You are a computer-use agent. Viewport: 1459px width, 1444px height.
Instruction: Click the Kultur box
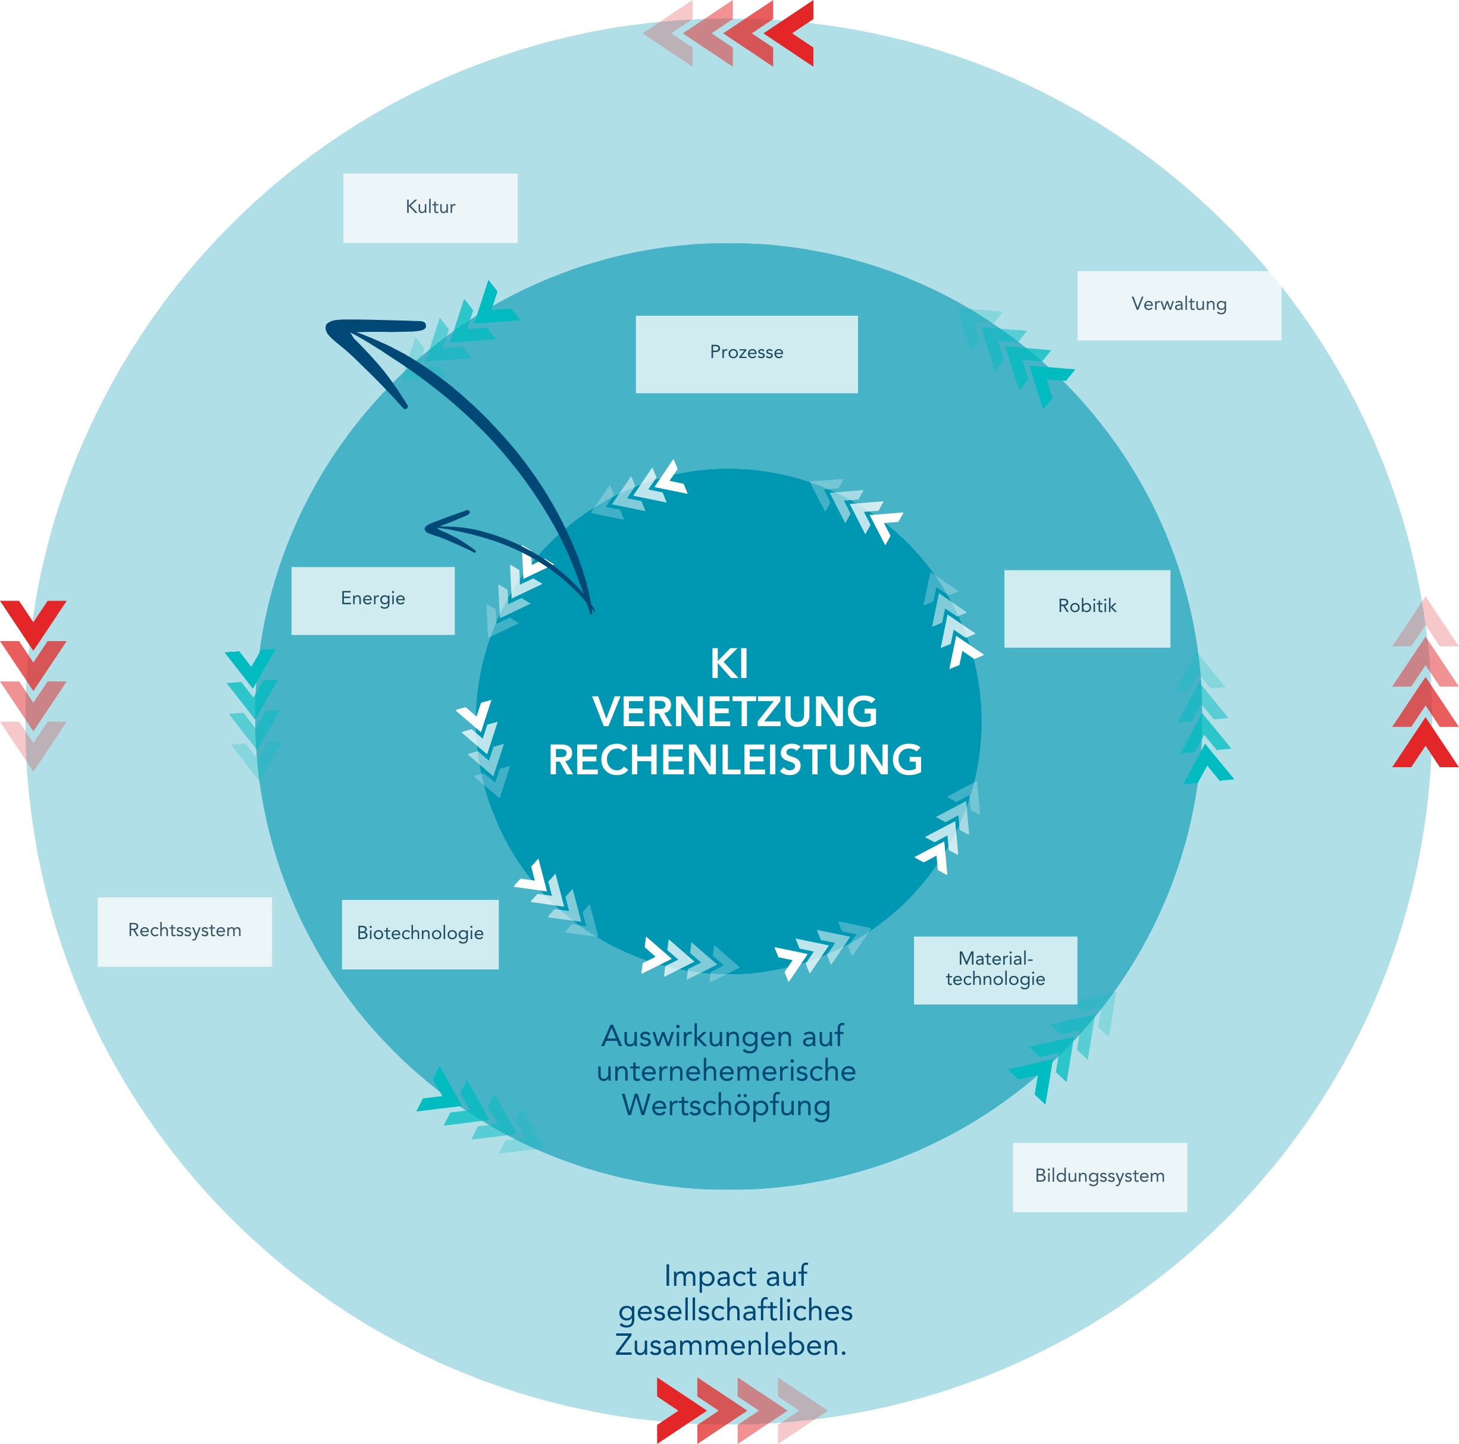click(430, 208)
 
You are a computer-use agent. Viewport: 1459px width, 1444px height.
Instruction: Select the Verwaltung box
click(1179, 305)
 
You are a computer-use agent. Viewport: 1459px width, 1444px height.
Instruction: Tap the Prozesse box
click(746, 354)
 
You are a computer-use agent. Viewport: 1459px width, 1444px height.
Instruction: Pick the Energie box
click(373, 600)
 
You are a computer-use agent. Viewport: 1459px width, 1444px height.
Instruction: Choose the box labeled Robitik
click(1087, 608)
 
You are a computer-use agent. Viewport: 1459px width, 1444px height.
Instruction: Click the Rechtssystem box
click(184, 931)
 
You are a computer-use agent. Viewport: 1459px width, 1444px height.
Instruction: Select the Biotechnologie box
click(420, 934)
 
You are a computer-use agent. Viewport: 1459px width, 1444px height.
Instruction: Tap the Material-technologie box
click(995, 970)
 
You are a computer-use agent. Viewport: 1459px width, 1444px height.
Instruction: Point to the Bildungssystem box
click(1100, 1177)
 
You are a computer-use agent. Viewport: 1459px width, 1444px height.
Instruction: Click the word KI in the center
click(729, 664)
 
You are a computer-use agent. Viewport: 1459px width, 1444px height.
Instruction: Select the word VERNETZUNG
click(735, 712)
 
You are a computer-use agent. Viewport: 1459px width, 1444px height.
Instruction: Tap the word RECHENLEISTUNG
click(735, 760)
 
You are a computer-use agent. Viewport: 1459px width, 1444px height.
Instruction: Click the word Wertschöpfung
click(726, 1105)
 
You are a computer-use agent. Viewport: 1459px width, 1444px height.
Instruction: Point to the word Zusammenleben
click(729, 1345)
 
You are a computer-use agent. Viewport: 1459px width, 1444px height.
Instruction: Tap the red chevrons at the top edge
click(729, 33)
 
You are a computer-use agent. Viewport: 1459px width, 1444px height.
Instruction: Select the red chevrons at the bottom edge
click(741, 1410)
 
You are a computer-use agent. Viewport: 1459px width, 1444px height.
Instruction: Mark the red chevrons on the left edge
click(33, 684)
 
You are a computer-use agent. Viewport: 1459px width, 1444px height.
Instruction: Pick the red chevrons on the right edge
click(1425, 682)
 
